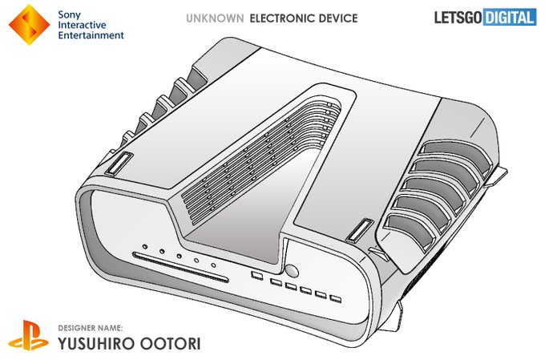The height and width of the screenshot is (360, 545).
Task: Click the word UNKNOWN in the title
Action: coord(214,18)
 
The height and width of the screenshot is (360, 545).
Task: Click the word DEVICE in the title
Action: coord(335,18)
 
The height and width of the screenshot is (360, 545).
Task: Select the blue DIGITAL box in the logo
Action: coord(510,16)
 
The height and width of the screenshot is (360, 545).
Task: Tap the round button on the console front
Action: coord(293,272)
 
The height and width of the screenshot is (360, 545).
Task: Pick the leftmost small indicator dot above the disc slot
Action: coord(143,247)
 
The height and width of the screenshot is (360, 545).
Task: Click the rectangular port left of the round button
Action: coord(257,276)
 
